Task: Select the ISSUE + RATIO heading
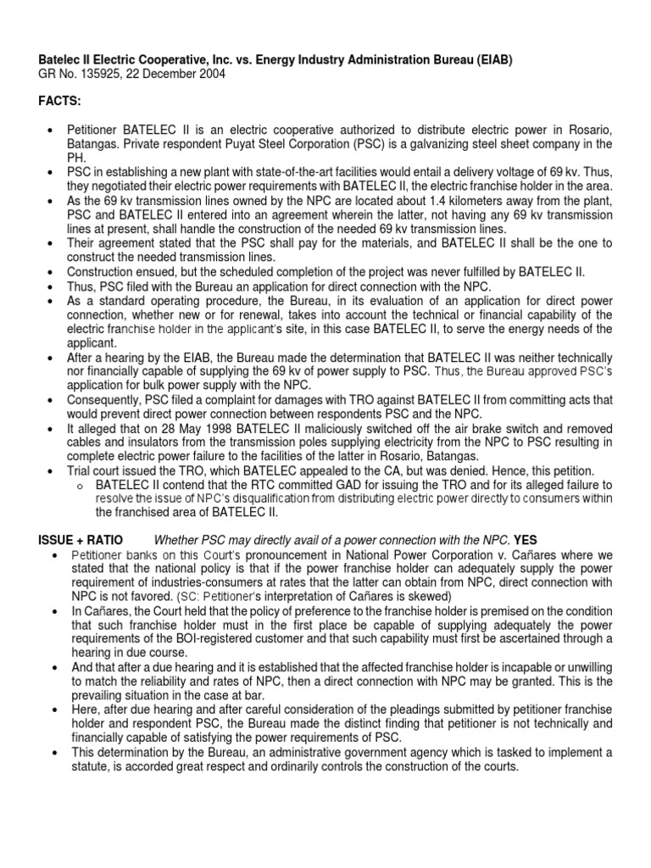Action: [x=81, y=540]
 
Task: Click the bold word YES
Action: [x=526, y=540]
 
